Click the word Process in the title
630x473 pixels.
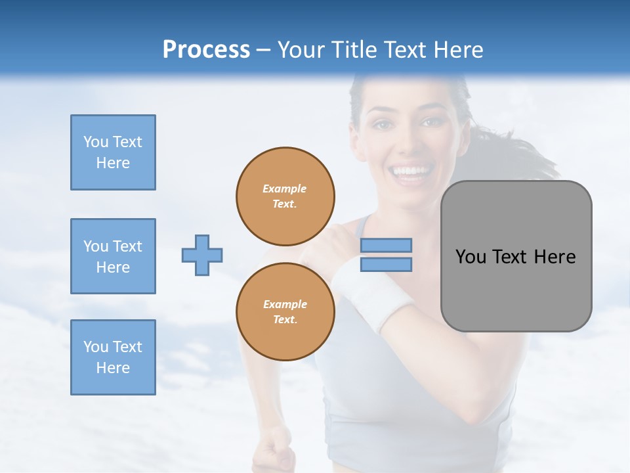[206, 50]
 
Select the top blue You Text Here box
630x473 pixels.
[113, 152]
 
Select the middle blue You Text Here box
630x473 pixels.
[113, 256]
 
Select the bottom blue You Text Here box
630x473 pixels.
[113, 357]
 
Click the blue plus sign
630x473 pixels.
[202, 255]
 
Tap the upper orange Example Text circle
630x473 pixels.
[285, 196]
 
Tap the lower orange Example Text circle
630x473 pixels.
[285, 311]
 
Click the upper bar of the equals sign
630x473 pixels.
[386, 245]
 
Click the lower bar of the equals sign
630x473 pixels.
[386, 264]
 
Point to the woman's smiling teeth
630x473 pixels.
[409, 171]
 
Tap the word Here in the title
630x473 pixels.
[459, 50]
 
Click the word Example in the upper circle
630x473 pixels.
[284, 189]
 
